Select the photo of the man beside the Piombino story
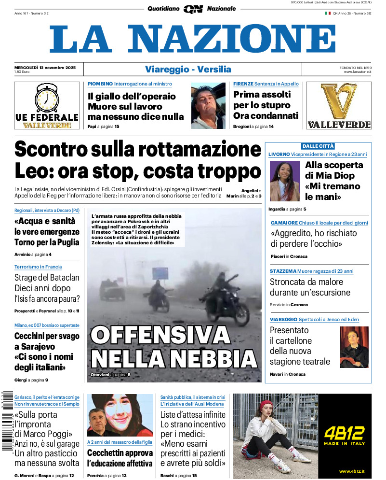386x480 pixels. (x=208, y=106)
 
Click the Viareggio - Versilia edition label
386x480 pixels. (x=188, y=70)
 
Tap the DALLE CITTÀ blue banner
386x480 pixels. (x=318, y=146)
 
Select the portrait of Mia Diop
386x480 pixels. (x=285, y=181)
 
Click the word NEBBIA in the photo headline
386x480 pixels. (x=216, y=358)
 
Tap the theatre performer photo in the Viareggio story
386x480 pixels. (x=354, y=347)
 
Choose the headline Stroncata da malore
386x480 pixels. (x=306, y=282)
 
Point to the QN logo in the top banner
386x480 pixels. (x=193, y=9)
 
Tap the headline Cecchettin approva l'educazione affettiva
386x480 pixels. (x=120, y=458)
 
